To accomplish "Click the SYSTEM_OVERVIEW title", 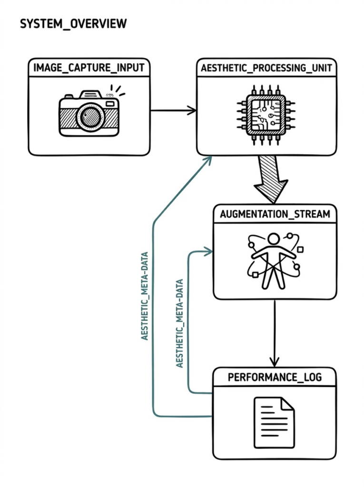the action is click(73, 24).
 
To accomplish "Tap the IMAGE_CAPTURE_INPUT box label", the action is click(89, 68).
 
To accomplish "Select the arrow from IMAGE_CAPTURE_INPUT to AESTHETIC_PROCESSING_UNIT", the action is click(173, 110).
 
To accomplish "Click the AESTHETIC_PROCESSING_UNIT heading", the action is click(266, 68).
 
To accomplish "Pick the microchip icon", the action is click(266, 115).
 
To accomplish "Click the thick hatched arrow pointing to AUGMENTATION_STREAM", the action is click(270, 179).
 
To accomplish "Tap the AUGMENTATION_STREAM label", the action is click(275, 214).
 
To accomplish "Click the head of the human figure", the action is click(274, 240).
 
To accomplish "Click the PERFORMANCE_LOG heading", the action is click(275, 377).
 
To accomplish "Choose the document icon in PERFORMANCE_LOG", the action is click(274, 422).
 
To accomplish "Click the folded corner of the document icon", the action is click(287, 404).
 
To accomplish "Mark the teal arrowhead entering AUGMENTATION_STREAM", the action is click(207, 252).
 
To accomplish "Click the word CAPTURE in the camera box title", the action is click(89, 68).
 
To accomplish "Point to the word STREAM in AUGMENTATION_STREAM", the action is click(312, 214).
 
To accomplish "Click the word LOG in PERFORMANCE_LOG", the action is click(313, 377).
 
